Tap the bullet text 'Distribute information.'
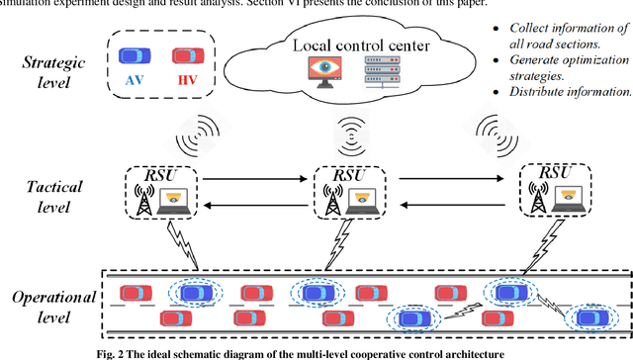point(567,91)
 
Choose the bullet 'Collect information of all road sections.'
point(567,37)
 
